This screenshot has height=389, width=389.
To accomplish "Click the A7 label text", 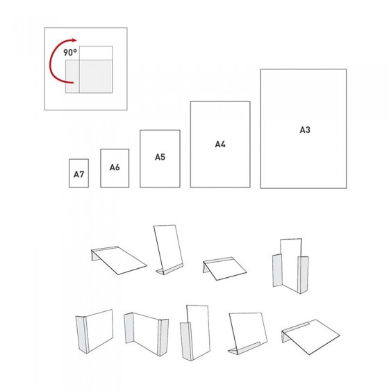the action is pos(79,174).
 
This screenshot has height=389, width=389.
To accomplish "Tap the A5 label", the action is pos(160,157).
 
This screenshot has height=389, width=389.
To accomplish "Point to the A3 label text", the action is pos(305,130).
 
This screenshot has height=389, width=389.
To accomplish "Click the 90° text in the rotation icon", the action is pos(70,52).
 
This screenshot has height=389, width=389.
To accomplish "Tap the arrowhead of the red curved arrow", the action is pos(74,40).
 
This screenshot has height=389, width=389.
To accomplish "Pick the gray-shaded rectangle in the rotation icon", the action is pos(89,76).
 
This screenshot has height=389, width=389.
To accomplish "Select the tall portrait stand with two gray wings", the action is pos(290,266).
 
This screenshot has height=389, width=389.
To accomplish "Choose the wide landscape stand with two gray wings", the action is pos(146,334).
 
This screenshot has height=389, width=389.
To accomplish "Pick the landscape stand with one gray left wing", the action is pos(94,331).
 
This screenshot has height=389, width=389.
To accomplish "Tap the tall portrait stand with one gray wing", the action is pos(195,333).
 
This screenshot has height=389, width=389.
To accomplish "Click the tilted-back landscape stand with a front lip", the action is pos(247,333).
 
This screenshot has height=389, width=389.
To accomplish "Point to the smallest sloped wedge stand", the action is pos(224,268).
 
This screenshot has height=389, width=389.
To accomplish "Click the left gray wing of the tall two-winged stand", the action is pos(277,270).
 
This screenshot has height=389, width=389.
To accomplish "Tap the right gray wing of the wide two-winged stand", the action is pos(163,338).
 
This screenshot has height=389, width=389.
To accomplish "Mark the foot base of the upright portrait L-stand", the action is pos(169,269).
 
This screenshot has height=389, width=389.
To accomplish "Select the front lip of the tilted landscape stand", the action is pos(244,348).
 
